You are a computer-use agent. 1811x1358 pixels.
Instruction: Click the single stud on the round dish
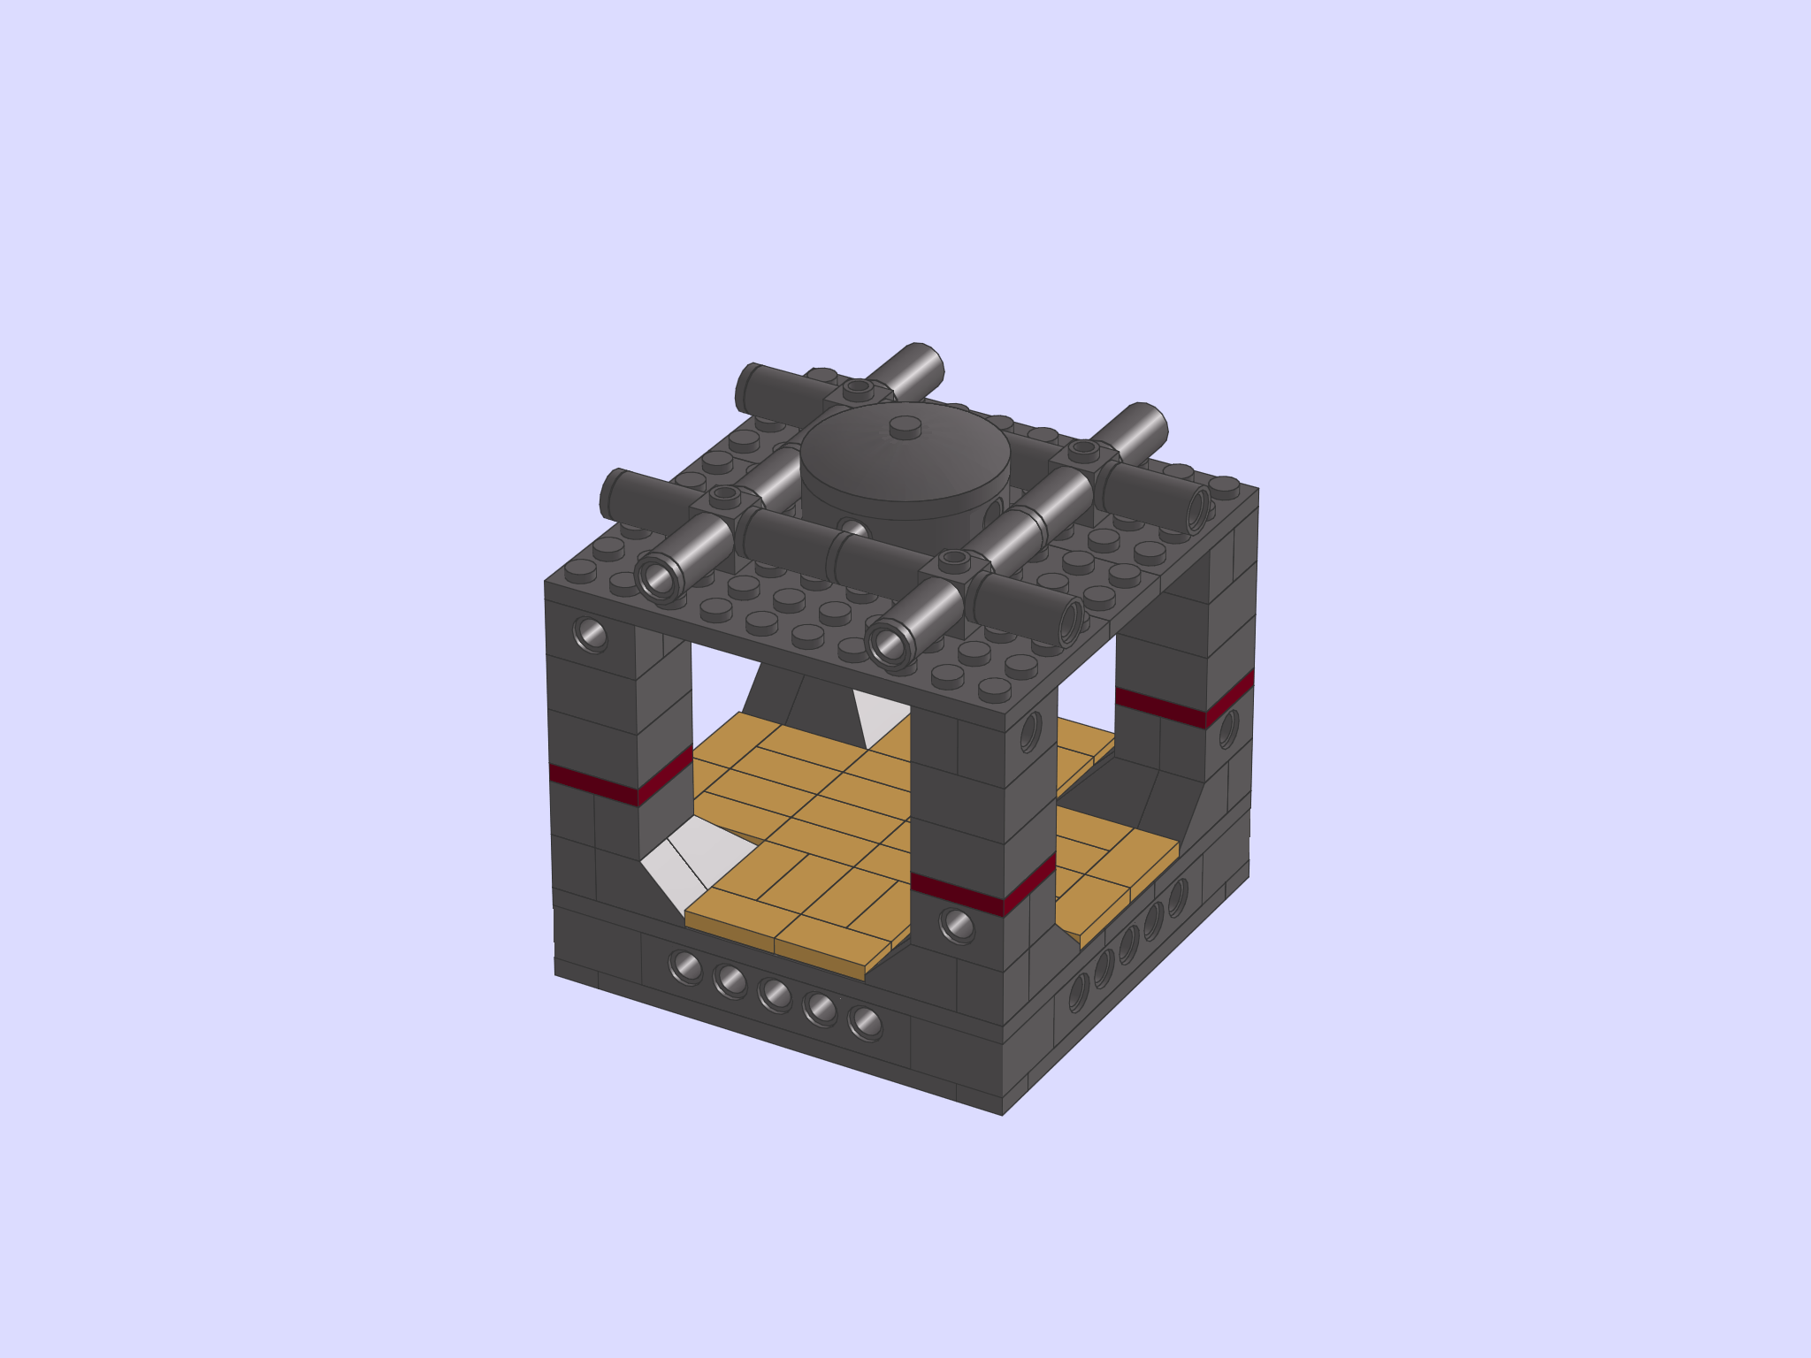pyautogui.click(x=905, y=428)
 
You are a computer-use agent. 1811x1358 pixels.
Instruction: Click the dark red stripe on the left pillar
pyautogui.click(x=619, y=782)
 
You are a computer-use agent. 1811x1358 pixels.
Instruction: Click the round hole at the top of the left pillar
pyautogui.click(x=590, y=633)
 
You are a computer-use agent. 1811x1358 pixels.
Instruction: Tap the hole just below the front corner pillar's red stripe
pyautogui.click(x=956, y=926)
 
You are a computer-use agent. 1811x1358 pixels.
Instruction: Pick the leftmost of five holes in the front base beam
pyautogui.click(x=685, y=966)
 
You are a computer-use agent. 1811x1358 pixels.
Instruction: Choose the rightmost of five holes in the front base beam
pyautogui.click(x=865, y=1023)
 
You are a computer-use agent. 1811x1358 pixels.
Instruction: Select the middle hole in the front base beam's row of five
pyautogui.click(x=775, y=995)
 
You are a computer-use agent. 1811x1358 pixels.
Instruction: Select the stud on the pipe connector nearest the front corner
pyautogui.click(x=954, y=559)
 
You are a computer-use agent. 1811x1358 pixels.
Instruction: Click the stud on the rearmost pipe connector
pyautogui.click(x=857, y=387)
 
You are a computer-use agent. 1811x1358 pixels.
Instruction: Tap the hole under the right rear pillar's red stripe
pyautogui.click(x=1228, y=729)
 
